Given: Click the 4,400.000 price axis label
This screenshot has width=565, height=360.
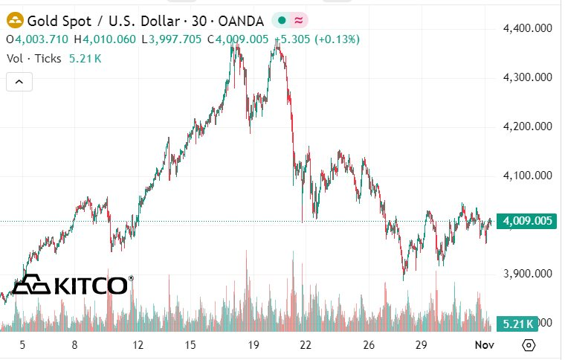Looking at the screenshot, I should [527, 28].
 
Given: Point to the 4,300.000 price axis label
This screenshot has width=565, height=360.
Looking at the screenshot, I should [527, 77].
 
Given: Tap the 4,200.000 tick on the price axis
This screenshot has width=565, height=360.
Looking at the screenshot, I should [527, 126].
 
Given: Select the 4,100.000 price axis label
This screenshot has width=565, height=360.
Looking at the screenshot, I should [527, 176].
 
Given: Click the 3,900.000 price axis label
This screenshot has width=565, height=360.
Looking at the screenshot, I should [527, 274].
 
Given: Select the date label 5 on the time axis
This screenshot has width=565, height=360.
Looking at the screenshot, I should [22, 345].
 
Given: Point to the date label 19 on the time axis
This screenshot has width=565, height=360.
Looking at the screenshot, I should [254, 345].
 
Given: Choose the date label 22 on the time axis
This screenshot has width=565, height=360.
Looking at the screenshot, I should [305, 345].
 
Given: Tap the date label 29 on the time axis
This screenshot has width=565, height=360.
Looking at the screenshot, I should [421, 345].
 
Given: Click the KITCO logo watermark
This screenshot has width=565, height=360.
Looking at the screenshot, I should [73, 285].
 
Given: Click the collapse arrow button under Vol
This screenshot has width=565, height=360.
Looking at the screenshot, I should [19, 82].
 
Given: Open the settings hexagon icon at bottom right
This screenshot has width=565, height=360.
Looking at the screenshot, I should [529, 345].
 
